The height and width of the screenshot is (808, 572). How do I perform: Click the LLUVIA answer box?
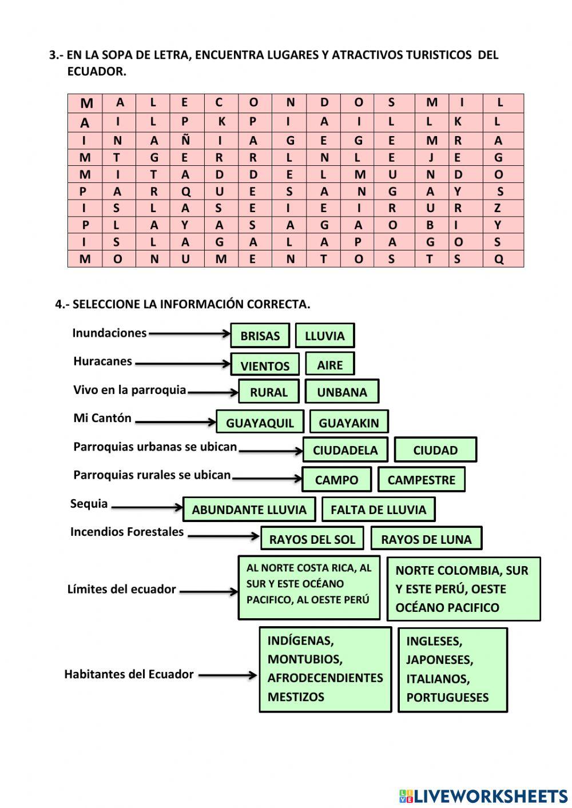(x=324, y=336)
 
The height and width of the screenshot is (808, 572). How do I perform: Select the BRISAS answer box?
(x=260, y=336)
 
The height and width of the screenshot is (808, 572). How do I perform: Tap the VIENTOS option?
(x=265, y=365)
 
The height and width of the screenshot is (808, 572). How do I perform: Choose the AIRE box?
(x=329, y=364)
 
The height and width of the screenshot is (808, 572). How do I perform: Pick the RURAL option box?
(x=268, y=392)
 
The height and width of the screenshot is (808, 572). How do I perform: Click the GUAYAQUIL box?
(x=260, y=423)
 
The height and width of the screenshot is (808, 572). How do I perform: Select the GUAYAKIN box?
(x=348, y=423)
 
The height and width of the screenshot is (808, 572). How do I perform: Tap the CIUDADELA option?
(x=345, y=450)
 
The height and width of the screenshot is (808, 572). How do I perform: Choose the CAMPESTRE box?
(x=421, y=480)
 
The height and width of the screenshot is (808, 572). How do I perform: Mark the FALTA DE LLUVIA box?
(x=378, y=510)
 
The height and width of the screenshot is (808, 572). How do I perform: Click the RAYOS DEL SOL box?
(x=312, y=539)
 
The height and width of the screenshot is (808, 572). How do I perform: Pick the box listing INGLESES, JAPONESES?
(x=452, y=670)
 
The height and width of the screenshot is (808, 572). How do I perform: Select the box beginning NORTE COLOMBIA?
(x=463, y=589)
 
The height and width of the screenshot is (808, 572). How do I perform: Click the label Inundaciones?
(x=109, y=333)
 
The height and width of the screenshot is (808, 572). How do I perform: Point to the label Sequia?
(x=89, y=504)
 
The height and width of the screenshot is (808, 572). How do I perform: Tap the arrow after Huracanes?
(x=182, y=363)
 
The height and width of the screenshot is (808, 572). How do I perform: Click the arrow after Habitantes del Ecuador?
(x=227, y=675)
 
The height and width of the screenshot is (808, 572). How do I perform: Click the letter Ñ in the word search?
(x=185, y=140)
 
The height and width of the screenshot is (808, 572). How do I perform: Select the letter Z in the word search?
(x=498, y=208)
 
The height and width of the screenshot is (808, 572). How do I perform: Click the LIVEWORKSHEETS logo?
(x=483, y=795)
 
